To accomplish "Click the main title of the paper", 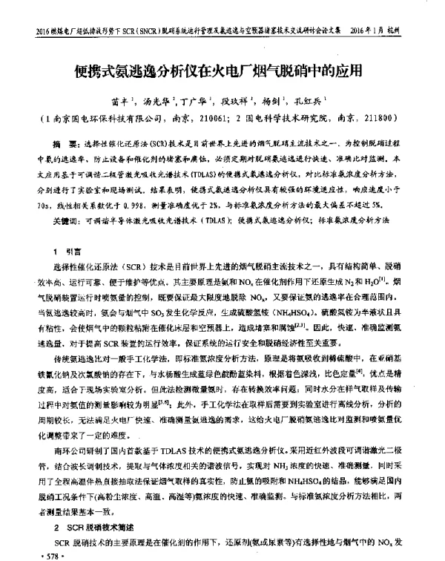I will (222, 73).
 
